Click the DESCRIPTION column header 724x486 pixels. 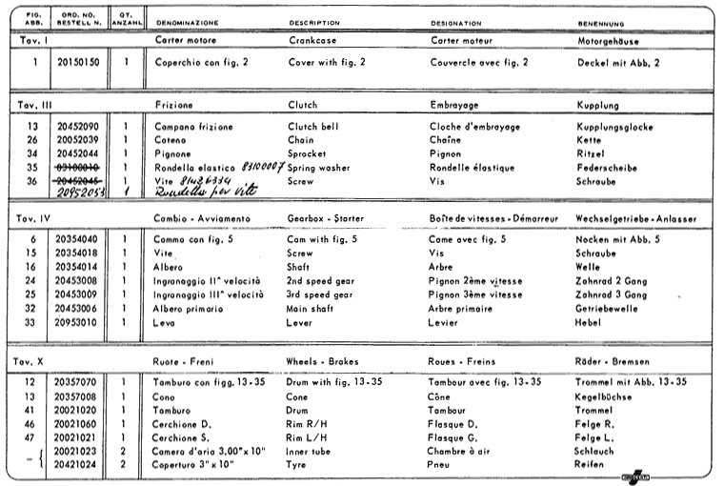pyautogui.click(x=313, y=22)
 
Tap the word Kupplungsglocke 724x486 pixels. pyautogui.click(x=613, y=126)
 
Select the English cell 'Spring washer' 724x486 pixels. pyautogui.click(x=319, y=166)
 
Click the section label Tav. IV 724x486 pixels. pyautogui.click(x=35, y=219)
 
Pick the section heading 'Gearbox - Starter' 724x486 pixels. pyautogui.click(x=326, y=219)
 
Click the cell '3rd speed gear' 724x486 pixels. pyautogui.click(x=320, y=295)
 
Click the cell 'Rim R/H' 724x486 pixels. pyautogui.click(x=307, y=422)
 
